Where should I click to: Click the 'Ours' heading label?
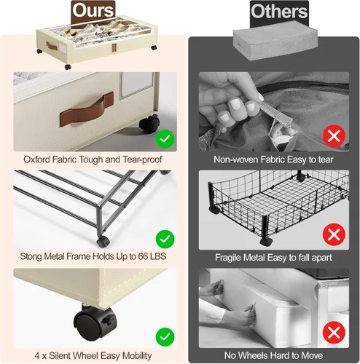pyautogui.click(x=93, y=11)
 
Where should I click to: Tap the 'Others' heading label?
pyautogui.click(x=279, y=12)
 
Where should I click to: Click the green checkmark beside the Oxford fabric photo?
pyautogui.click(x=165, y=139)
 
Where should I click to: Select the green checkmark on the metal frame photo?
pyautogui.click(x=165, y=239)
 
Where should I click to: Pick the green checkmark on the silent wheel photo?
pyautogui.click(x=165, y=337)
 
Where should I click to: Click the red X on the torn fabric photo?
pyautogui.click(x=334, y=136)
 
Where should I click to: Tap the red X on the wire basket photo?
pyautogui.click(x=334, y=234)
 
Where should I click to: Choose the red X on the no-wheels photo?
pyautogui.click(x=334, y=333)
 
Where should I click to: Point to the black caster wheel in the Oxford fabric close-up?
pyautogui.click(x=149, y=124)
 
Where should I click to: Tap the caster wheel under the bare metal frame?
pyautogui.click(x=103, y=242)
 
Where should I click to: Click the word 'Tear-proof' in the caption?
pyautogui.click(x=142, y=159)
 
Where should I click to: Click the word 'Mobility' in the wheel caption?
pyautogui.click(x=137, y=356)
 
